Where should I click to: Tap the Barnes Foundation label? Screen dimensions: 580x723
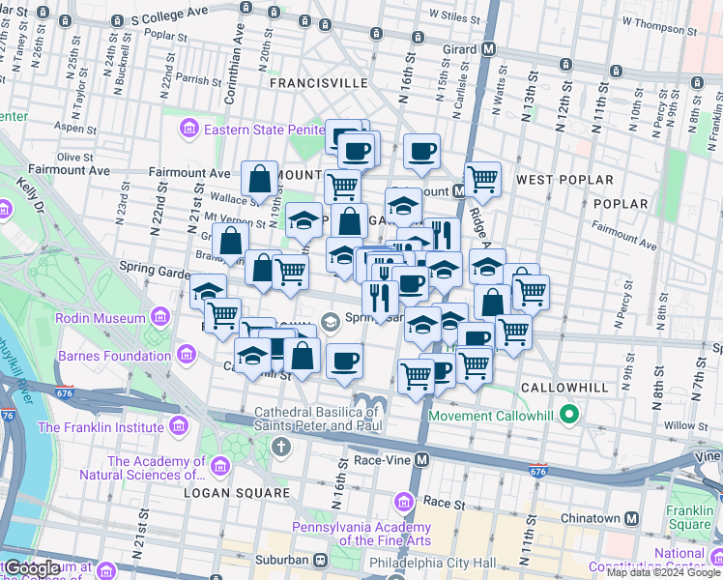tap(89, 355)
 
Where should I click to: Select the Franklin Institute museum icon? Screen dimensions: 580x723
tap(177, 426)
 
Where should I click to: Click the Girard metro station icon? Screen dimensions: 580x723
tap(489, 49)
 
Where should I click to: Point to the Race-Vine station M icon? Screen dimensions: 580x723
tap(419, 461)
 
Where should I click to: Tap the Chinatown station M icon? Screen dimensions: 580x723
tap(631, 519)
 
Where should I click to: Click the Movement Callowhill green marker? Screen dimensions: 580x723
tap(569, 416)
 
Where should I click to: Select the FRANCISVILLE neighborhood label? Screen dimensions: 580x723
tap(319, 84)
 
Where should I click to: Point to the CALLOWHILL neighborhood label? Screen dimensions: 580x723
tap(565, 388)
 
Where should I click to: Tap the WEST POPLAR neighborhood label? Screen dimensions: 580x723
tap(565, 181)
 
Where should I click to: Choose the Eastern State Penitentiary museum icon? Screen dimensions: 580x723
tap(188, 129)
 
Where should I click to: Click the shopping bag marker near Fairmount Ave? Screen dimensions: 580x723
tap(260, 179)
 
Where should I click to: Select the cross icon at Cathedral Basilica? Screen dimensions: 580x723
tap(281, 448)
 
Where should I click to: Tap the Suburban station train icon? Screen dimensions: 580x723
tap(320, 560)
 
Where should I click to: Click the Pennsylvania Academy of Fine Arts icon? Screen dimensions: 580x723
tap(405, 503)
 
